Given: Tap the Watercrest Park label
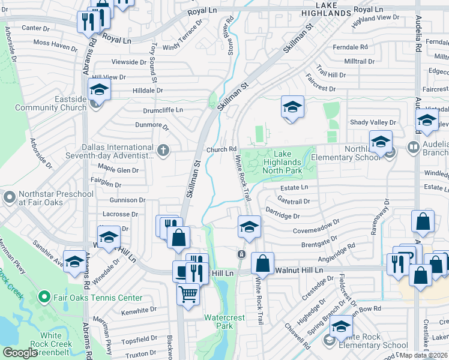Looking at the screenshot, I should pos(218,321).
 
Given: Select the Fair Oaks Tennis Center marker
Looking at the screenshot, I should pos(43,298).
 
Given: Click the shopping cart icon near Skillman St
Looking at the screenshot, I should pos(188,295).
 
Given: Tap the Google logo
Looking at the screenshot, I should pos(20,353).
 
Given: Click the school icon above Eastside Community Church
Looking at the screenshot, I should pos(99,91).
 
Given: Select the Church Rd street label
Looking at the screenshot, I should pos(221,150).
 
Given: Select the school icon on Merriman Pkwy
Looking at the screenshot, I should pos(74,262).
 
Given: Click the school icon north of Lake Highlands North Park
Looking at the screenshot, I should pos(292,107).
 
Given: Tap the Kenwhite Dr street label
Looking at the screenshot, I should pos(139,310).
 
